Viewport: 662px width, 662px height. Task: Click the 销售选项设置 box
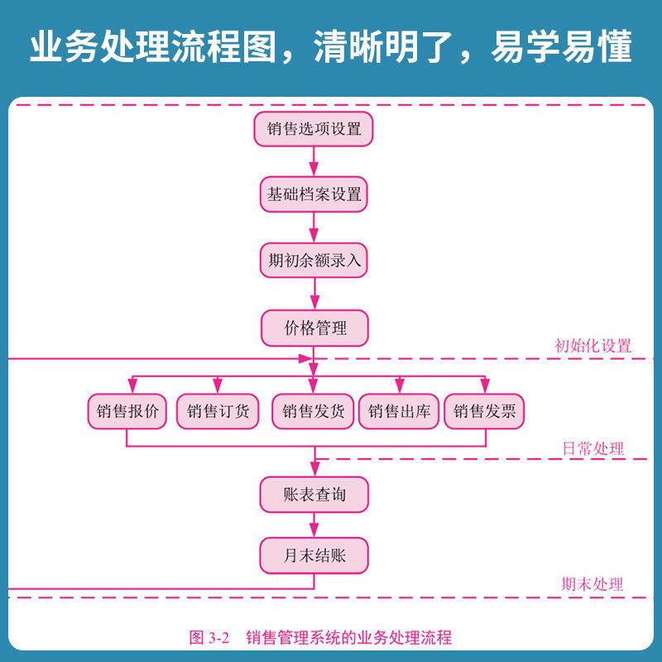click(314, 129)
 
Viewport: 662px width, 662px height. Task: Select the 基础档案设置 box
click(314, 195)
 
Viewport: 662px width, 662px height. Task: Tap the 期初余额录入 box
click(314, 261)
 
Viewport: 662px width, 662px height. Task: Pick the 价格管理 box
click(314, 328)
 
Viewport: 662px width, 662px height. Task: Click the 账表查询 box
click(314, 495)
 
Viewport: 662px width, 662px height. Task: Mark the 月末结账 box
click(314, 556)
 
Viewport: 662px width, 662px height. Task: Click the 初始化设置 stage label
click(592, 346)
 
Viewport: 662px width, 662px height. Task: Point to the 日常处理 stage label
click(592, 449)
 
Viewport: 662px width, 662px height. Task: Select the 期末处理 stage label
click(592, 584)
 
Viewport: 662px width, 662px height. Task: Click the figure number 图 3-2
click(209, 637)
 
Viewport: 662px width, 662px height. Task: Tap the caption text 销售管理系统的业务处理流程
click(348, 637)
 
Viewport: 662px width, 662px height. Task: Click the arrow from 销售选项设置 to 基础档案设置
click(314, 162)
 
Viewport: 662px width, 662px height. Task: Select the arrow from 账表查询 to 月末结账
click(314, 525)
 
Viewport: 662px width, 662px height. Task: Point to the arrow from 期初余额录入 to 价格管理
click(314, 294)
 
